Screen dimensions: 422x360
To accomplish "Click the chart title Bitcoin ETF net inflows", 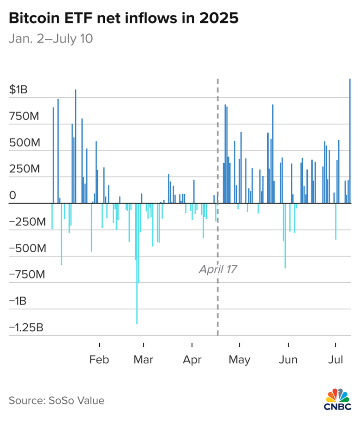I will (124, 19).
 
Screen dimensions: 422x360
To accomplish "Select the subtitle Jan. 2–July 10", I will (51, 39).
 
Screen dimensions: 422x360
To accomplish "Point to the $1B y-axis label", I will (18, 89).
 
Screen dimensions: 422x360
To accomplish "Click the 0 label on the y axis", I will (12, 196).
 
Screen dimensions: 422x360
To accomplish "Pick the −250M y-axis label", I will (27, 223).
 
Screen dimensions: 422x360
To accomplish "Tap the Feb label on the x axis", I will (99, 359).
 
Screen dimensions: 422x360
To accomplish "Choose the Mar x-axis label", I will (144, 359).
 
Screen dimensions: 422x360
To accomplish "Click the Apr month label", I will (192, 359).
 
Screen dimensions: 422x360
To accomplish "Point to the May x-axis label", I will (240, 359).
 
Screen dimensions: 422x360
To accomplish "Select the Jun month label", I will (288, 359).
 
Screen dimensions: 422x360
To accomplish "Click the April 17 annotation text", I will (218, 269).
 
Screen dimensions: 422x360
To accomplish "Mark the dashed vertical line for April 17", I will (217, 138).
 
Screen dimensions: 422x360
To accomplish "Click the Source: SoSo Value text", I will (56, 400).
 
